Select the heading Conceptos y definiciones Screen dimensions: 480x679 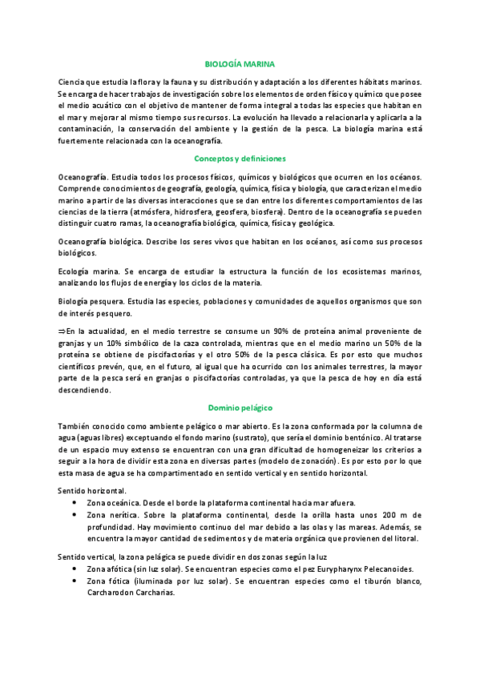[240, 159]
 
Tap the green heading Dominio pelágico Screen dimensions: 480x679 [240, 408]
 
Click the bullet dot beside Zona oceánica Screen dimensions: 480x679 [75, 501]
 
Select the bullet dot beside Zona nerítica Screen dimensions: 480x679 [75, 513]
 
